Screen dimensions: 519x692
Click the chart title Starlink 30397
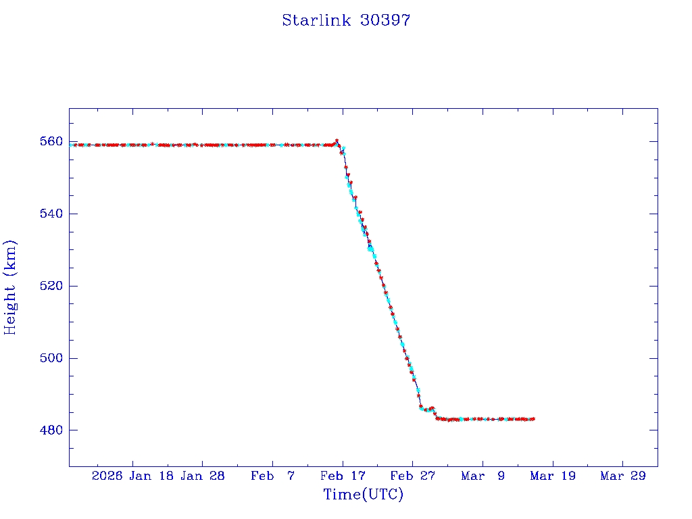click(346, 20)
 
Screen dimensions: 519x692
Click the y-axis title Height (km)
click(10, 287)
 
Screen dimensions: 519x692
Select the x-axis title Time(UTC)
click(363, 495)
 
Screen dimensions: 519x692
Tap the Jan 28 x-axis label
click(203, 476)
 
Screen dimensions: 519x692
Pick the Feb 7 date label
click(272, 476)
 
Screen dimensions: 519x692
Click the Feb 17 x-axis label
click(343, 476)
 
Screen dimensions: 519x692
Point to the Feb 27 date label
click(412, 476)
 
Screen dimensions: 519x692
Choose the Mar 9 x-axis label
click(483, 476)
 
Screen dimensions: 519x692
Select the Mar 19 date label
click(553, 476)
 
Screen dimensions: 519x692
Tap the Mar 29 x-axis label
click(622, 476)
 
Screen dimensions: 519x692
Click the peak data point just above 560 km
click(337, 141)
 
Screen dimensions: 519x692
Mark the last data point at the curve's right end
click(534, 419)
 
